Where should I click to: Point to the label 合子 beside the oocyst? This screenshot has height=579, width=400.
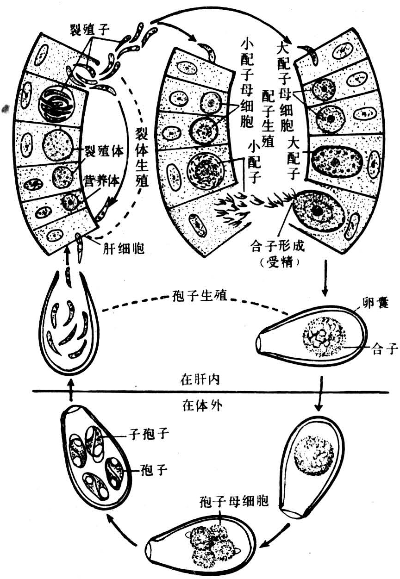384,349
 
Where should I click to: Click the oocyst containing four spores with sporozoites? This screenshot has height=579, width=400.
96,463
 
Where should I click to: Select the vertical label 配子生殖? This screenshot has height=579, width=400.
267,118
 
